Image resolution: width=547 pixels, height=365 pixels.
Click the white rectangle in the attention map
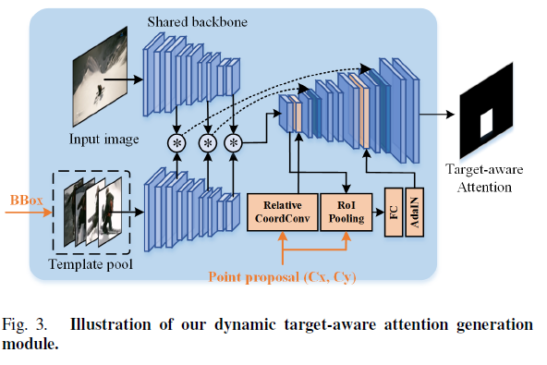coord(486,120)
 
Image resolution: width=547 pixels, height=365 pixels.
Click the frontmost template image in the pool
coord(109,212)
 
